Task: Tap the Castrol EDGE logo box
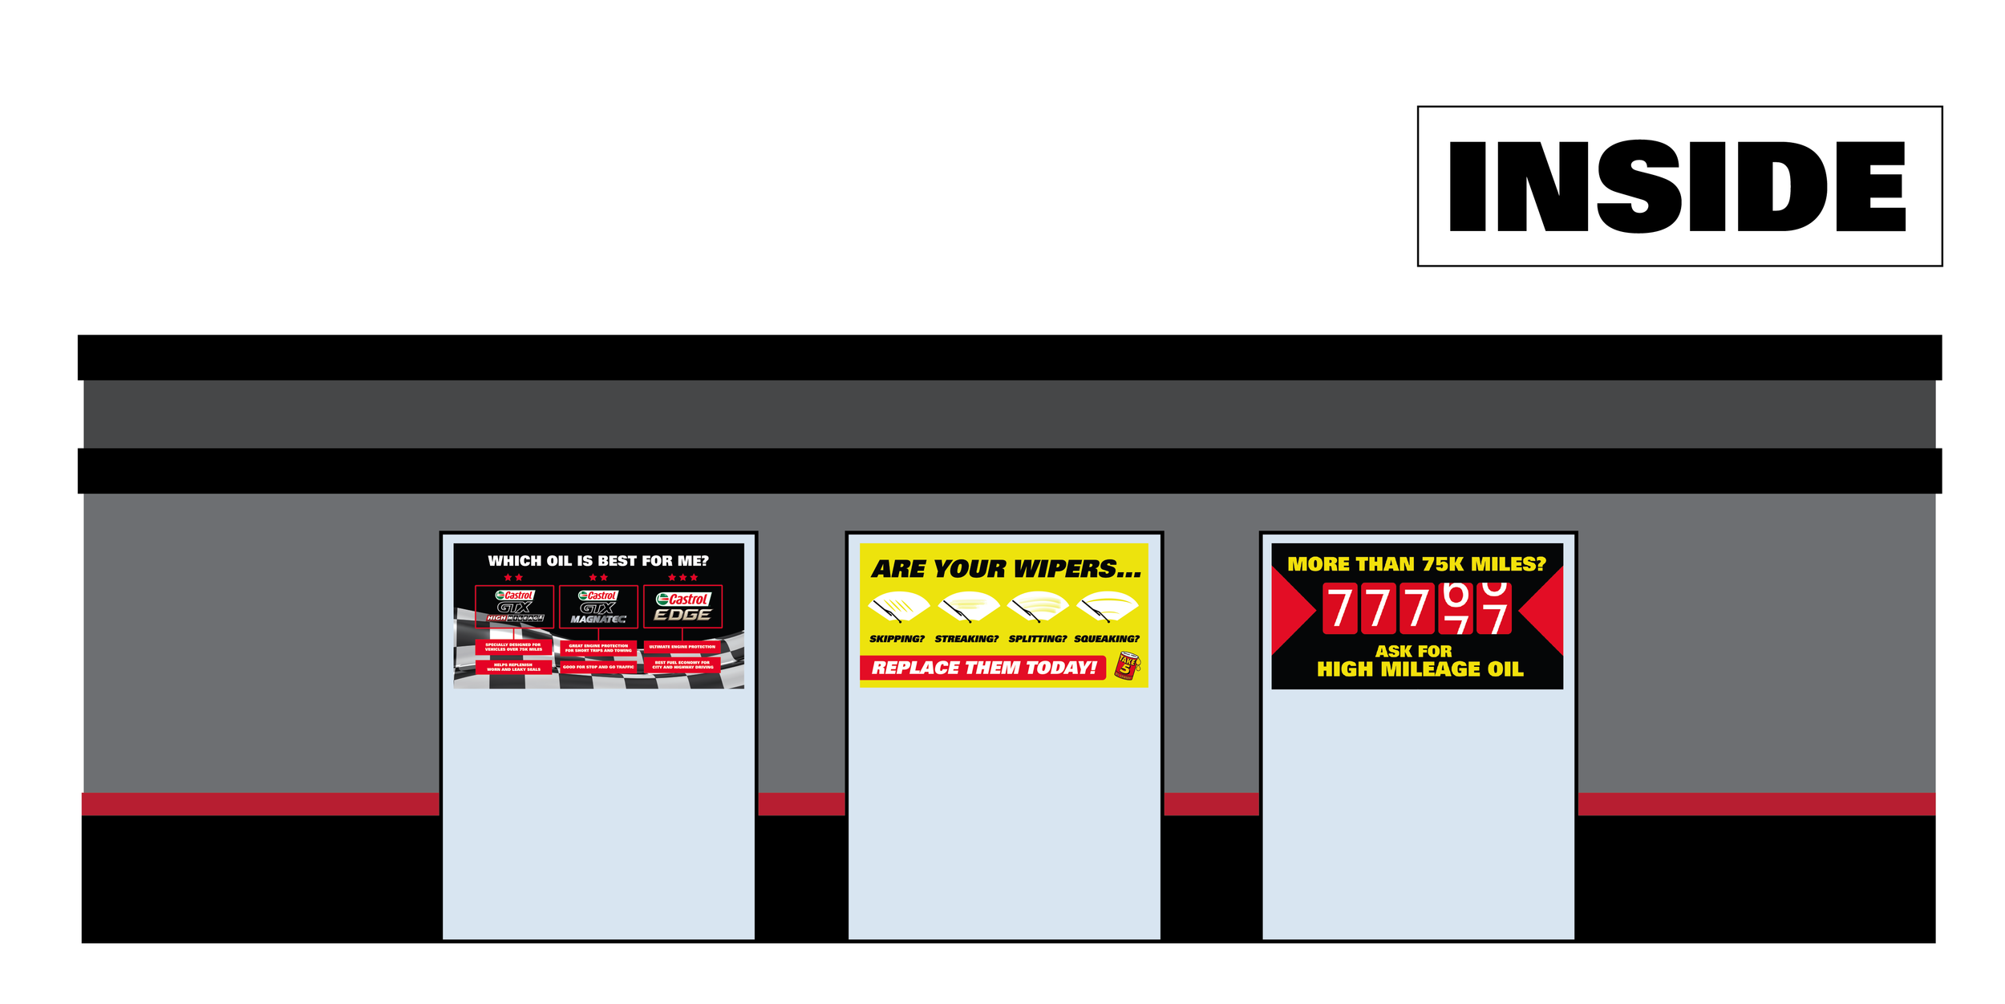tap(683, 607)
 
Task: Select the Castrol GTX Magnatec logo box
tap(598, 607)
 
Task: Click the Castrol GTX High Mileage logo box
tap(514, 607)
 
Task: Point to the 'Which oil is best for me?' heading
tap(598, 561)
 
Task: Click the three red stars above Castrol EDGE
tap(683, 578)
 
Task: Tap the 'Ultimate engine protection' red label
tap(682, 647)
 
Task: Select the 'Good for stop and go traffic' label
tap(598, 667)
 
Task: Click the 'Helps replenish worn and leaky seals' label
tap(513, 667)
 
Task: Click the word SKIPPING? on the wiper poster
tap(897, 639)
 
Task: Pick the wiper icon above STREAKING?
tap(968, 607)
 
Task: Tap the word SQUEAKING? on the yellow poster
tap(1107, 639)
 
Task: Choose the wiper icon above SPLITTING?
tap(1038, 607)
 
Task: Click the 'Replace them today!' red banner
tap(983, 668)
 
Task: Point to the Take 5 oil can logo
tap(1127, 665)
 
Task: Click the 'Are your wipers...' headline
tap(1006, 569)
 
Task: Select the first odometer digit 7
tap(1339, 608)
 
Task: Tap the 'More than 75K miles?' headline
tap(1416, 564)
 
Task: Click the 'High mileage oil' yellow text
tap(1420, 669)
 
